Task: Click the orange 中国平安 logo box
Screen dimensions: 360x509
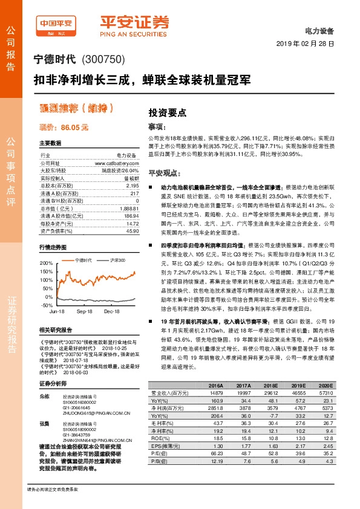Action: tap(58, 23)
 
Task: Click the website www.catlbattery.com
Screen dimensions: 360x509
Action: tap(116, 163)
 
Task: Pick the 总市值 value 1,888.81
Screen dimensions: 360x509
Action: tap(128, 207)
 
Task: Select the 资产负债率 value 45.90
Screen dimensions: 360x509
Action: tap(131, 231)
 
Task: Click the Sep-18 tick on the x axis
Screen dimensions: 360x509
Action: tap(84, 311)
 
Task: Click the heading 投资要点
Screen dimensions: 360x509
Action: tap(167, 112)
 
